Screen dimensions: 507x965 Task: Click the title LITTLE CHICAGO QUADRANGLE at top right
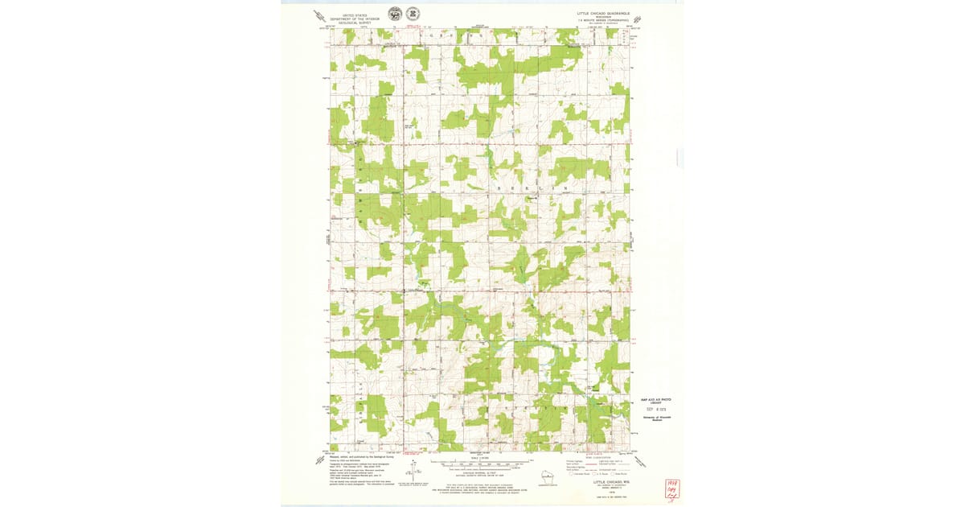pos(603,13)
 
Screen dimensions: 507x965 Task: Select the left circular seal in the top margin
pos(395,14)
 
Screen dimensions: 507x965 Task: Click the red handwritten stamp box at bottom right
pos(667,489)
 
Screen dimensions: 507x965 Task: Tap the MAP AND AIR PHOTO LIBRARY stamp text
pos(655,401)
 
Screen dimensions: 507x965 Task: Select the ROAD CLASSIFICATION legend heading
pos(609,455)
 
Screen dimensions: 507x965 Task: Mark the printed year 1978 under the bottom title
pos(610,488)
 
